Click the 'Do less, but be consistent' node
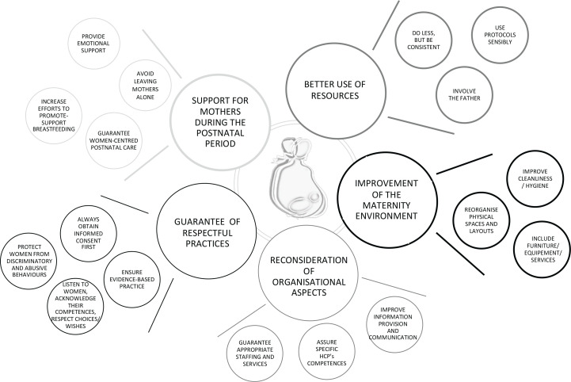tap(424, 41)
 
